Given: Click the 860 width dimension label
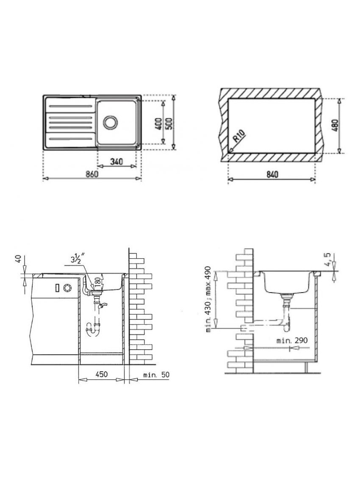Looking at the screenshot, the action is point(91,174).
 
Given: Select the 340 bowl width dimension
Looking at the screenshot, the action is point(116,161).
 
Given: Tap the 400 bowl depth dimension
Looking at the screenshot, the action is point(158,123).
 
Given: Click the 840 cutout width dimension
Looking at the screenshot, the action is point(272,174).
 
